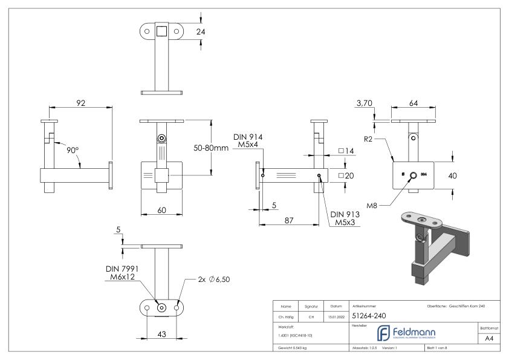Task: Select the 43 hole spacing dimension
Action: [x=162, y=333]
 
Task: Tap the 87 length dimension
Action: [x=290, y=220]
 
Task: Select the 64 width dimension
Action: [x=413, y=103]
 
